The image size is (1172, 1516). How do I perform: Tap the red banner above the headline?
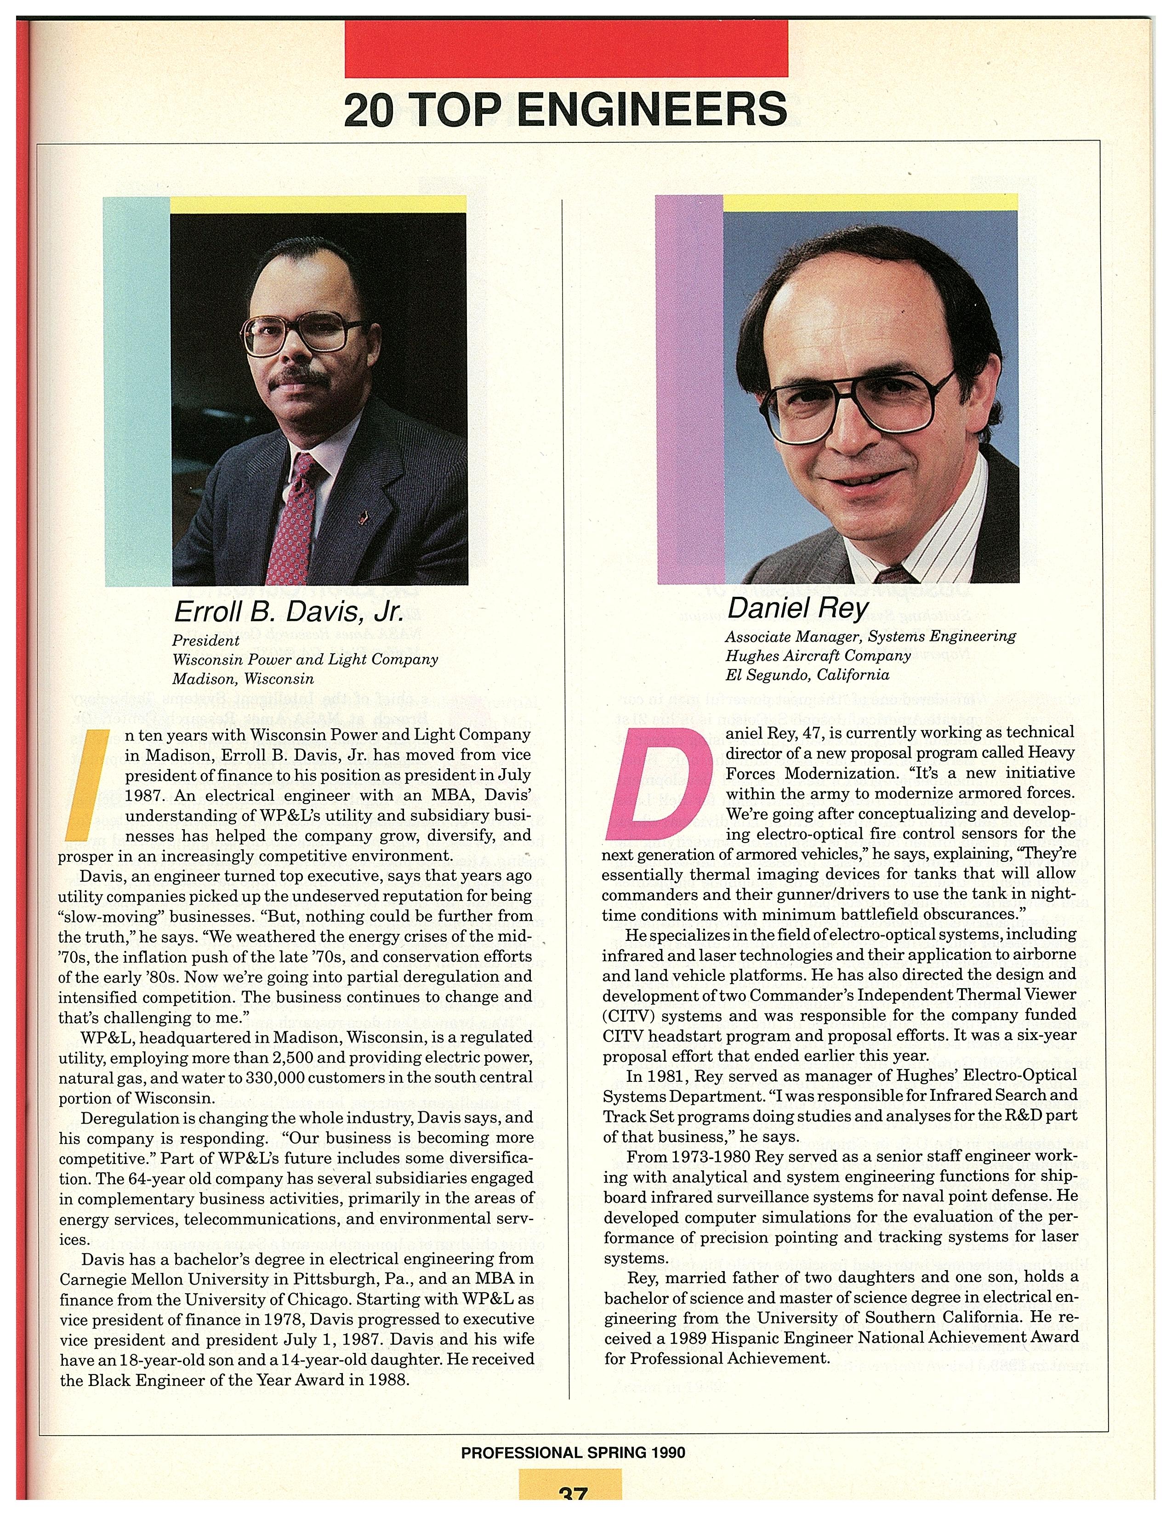[x=565, y=49]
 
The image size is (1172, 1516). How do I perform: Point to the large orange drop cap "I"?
[x=88, y=784]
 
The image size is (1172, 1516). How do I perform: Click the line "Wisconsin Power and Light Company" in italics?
[x=305, y=659]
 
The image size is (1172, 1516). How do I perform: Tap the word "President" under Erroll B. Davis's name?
[x=205, y=640]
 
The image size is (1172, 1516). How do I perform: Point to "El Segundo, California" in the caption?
[x=807, y=675]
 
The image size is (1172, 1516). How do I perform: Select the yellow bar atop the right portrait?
[x=870, y=202]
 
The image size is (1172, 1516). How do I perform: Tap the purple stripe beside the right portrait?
[x=689, y=389]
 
